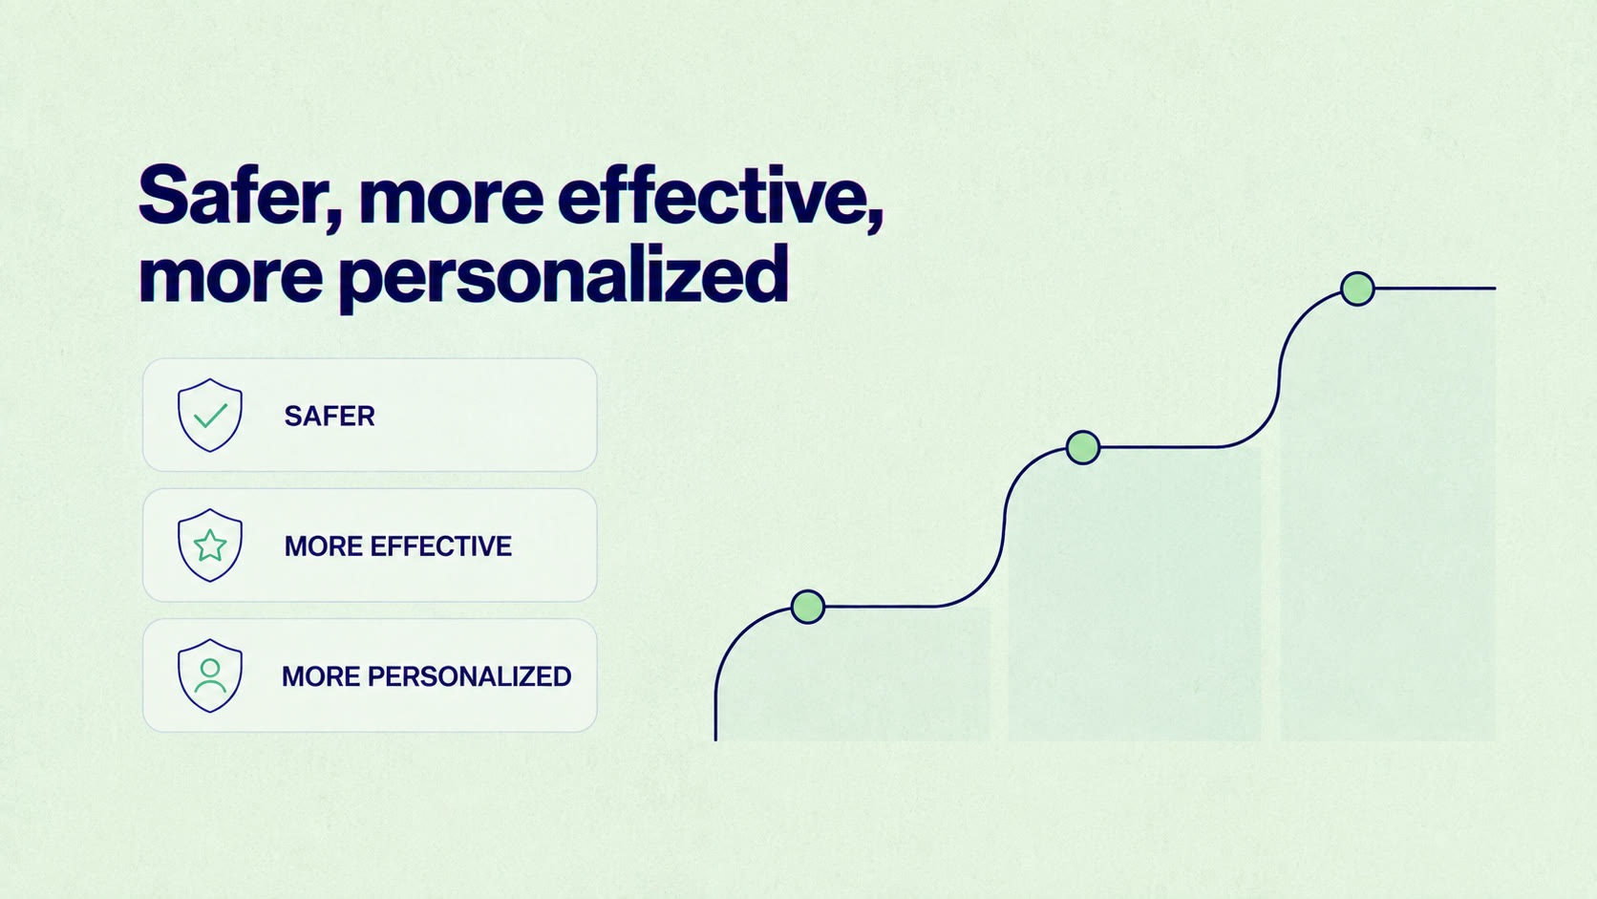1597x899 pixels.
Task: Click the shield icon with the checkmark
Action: pyautogui.click(x=209, y=415)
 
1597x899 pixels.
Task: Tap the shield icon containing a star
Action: pyautogui.click(x=209, y=546)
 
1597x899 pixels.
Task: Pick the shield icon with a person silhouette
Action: pyautogui.click(x=209, y=675)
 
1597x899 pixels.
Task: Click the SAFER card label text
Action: pyautogui.click(x=330, y=416)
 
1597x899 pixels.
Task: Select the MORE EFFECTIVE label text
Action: pyautogui.click(x=398, y=546)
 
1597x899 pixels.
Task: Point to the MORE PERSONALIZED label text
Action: pyautogui.click(x=426, y=676)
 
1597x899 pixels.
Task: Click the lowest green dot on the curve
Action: pyautogui.click(x=808, y=607)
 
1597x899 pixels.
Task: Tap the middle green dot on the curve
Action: pyautogui.click(x=1083, y=447)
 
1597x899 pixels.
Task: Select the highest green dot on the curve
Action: pyautogui.click(x=1357, y=289)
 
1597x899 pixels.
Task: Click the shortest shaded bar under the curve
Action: pyautogui.click(x=853, y=674)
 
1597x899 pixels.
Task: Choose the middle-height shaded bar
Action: pyautogui.click(x=1135, y=594)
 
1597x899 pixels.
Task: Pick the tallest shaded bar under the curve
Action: pyautogui.click(x=1388, y=515)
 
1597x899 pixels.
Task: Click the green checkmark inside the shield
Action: pyautogui.click(x=210, y=416)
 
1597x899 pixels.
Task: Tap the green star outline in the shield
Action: pyautogui.click(x=210, y=546)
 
